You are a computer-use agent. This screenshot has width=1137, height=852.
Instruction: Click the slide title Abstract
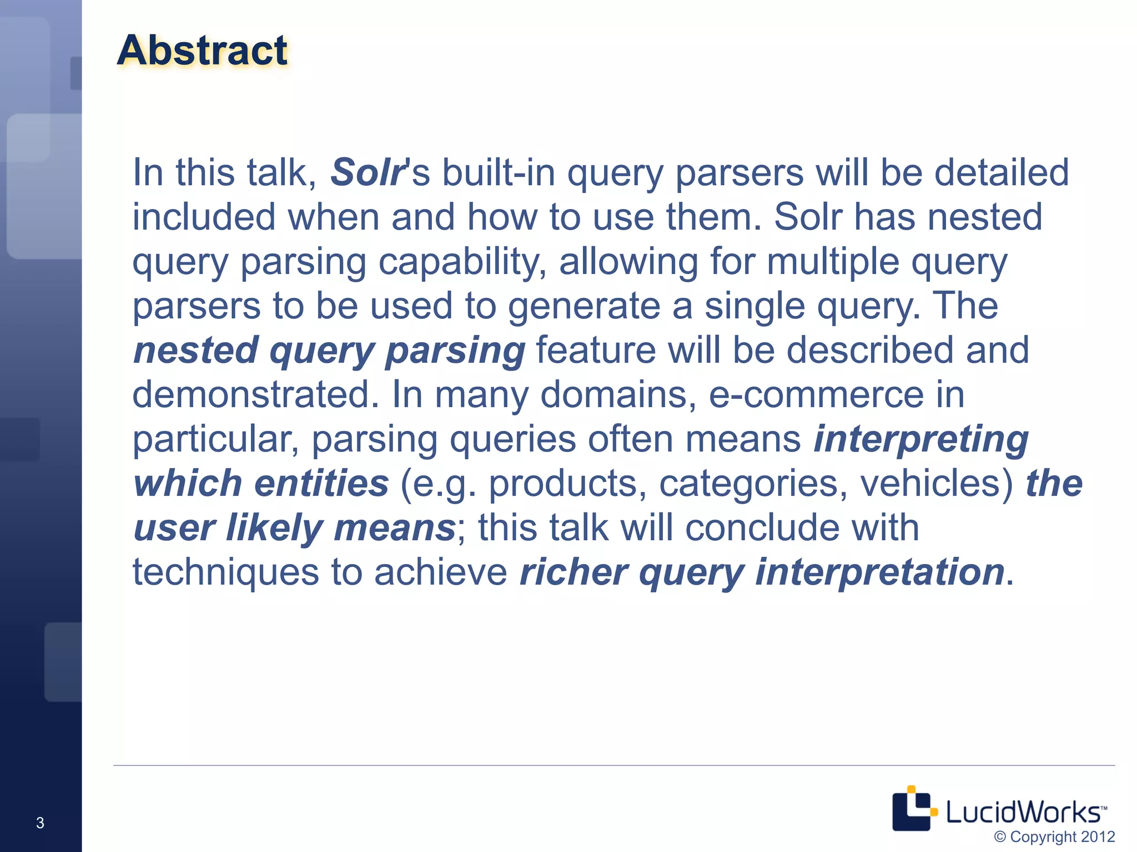(x=202, y=50)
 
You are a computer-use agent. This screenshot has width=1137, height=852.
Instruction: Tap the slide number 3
(x=40, y=823)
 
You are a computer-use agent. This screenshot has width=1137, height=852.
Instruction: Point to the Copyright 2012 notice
(x=1054, y=836)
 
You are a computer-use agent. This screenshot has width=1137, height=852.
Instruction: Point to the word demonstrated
(x=255, y=394)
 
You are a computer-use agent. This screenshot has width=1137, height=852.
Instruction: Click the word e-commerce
(x=816, y=394)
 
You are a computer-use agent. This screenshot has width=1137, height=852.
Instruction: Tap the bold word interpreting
(x=920, y=439)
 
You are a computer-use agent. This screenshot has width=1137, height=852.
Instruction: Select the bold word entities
(x=321, y=483)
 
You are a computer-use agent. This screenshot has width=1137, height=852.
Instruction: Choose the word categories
(x=753, y=483)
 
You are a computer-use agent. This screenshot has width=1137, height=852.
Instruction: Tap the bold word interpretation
(x=879, y=572)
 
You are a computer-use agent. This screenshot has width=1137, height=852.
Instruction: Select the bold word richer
(x=573, y=572)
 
